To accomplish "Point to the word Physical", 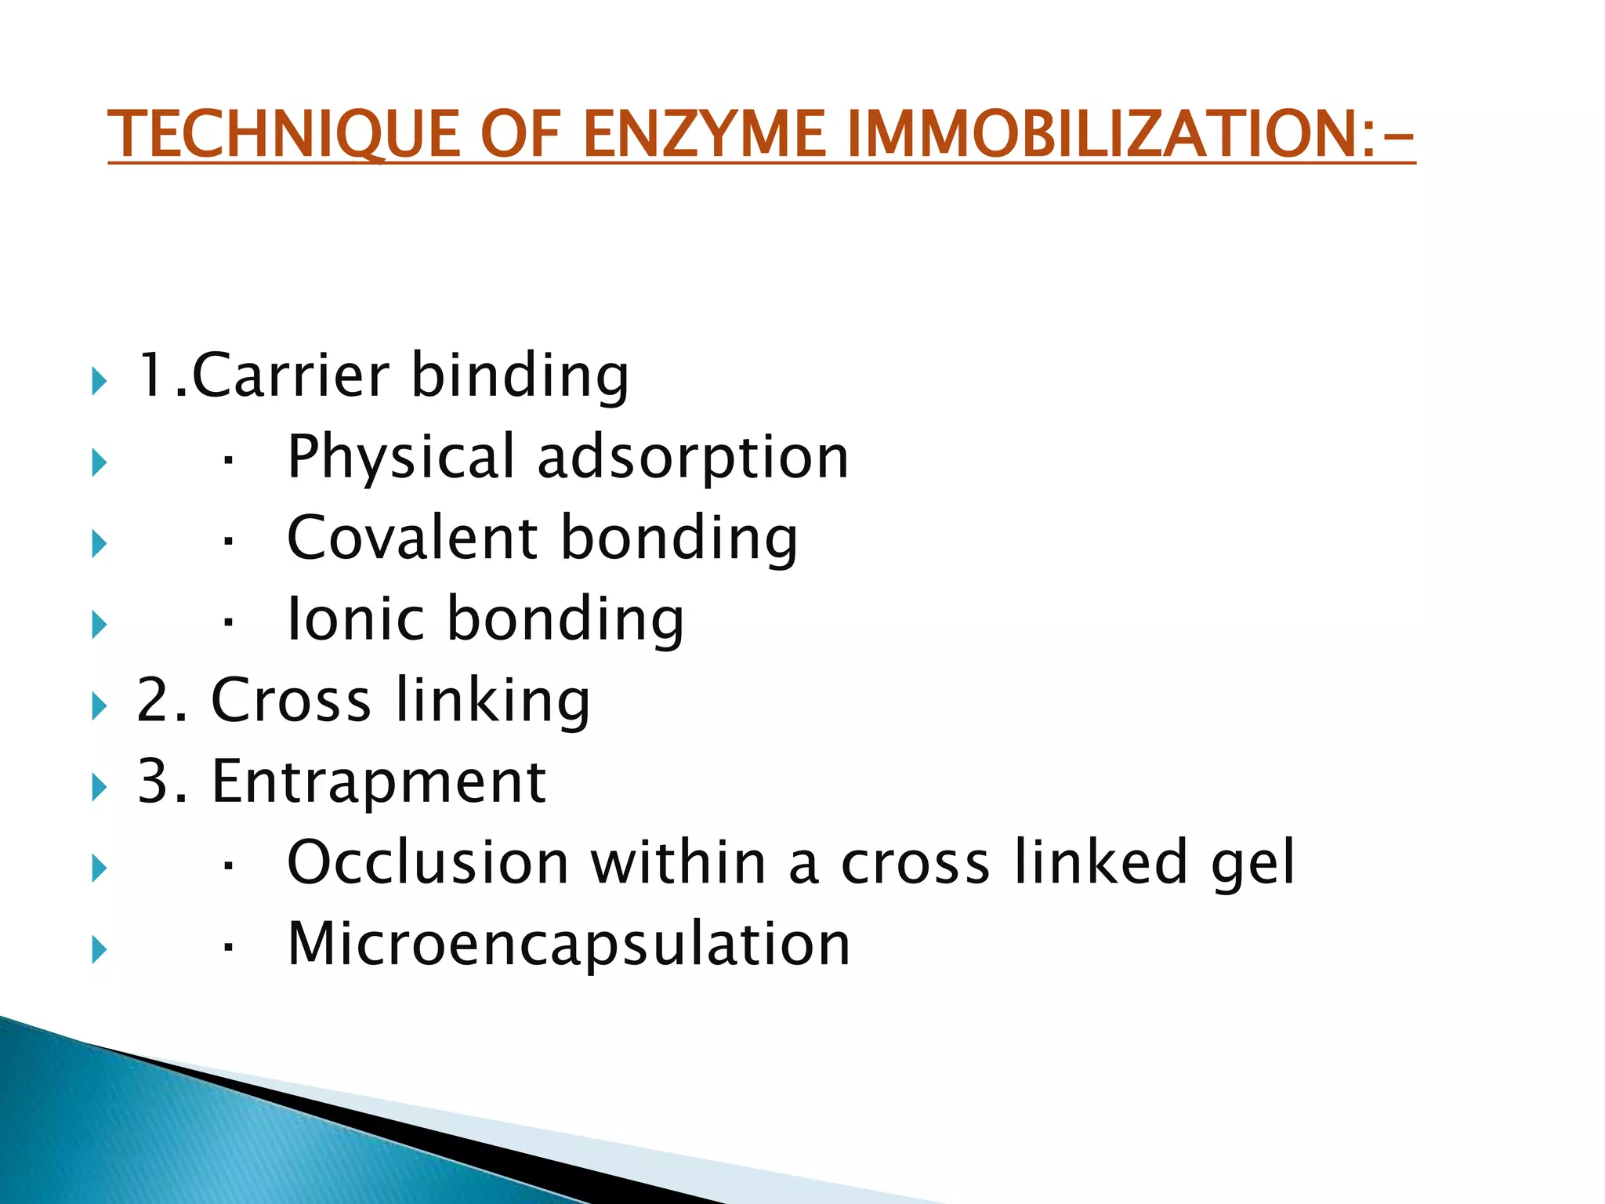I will [x=400, y=457].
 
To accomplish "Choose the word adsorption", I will [x=693, y=457].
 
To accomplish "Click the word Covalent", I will [x=412, y=538].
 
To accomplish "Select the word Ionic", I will [x=356, y=619].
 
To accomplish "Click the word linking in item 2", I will [x=492, y=700].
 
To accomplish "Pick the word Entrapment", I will [x=379, y=782].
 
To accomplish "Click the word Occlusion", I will [x=428, y=862].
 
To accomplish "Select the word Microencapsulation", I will [x=569, y=944].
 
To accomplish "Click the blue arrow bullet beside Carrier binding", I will [x=99, y=382].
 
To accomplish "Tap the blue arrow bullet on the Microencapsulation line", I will [x=99, y=950].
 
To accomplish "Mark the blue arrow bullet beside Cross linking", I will [x=99, y=706].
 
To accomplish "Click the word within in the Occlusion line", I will [x=678, y=862].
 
